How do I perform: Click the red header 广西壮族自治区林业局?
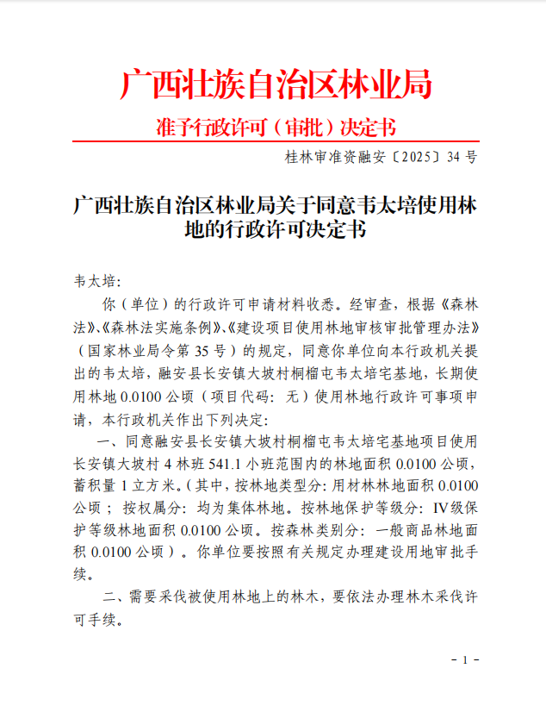point(275,85)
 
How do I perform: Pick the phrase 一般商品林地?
point(419,530)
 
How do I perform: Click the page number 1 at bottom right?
point(464,659)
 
